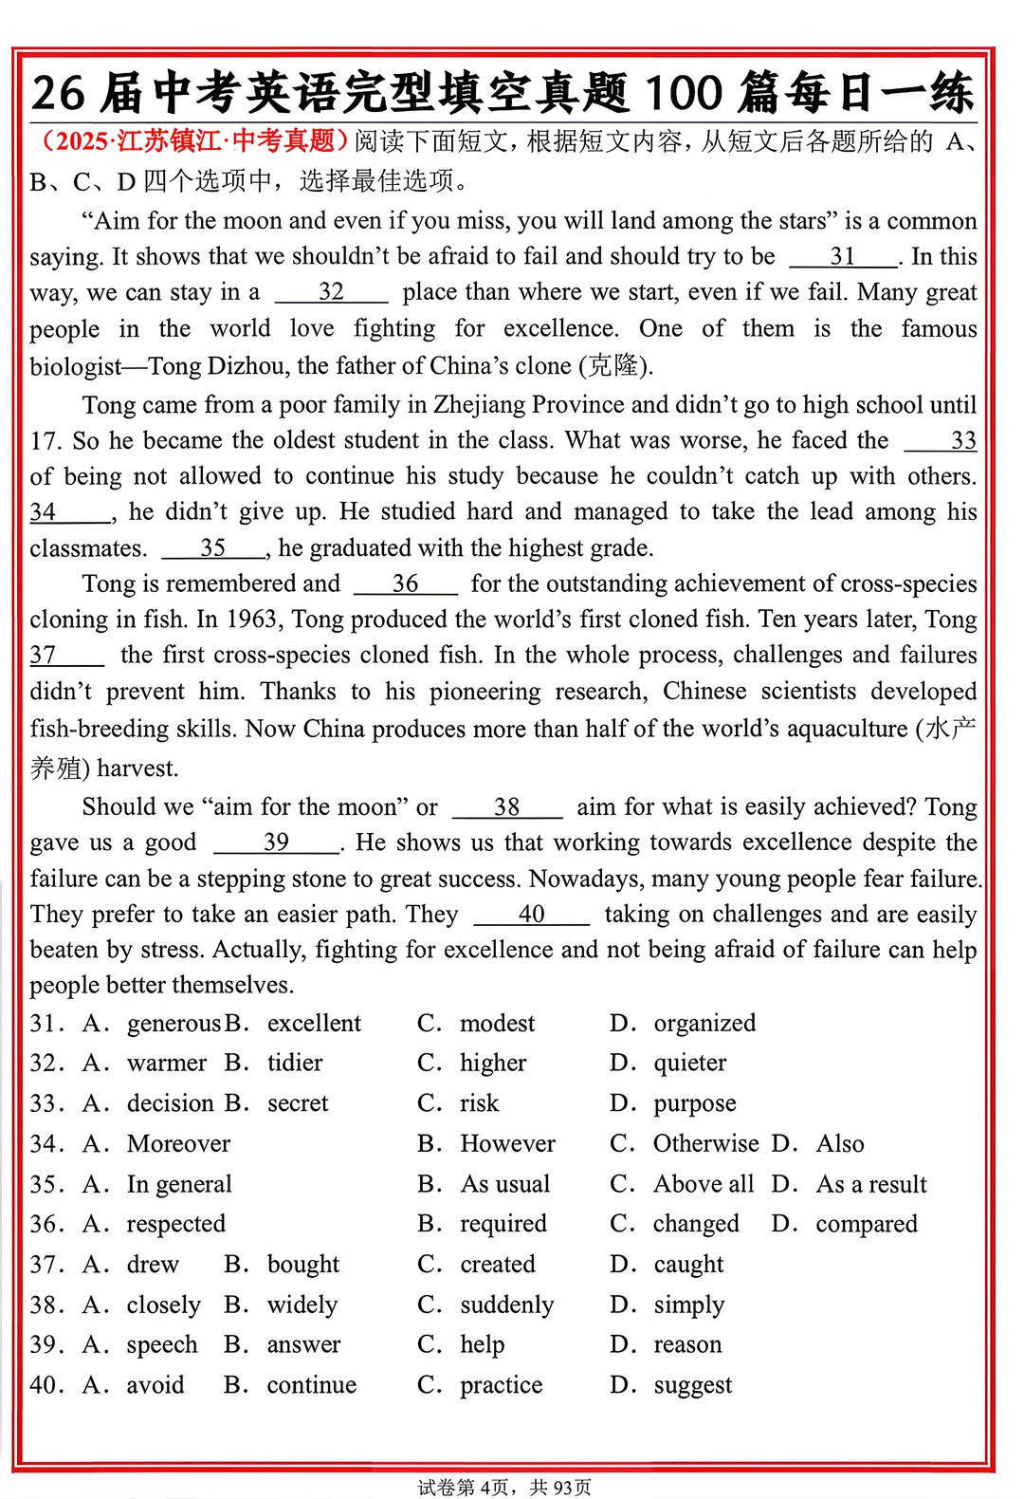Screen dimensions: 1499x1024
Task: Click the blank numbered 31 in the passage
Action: click(x=842, y=257)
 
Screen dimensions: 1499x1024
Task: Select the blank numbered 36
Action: click(x=405, y=584)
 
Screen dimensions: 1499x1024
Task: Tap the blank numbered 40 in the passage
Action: click(x=531, y=915)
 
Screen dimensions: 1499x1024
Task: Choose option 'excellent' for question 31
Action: click(x=314, y=1024)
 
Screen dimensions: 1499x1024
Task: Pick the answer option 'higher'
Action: click(x=493, y=1064)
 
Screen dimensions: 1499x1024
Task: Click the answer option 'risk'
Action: click(x=479, y=1103)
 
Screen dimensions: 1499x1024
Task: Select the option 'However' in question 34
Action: click(x=507, y=1144)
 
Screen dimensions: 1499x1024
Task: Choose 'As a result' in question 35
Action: click(x=871, y=1185)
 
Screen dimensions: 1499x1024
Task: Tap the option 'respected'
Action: click(x=176, y=1225)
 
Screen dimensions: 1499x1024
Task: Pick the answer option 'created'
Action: click(x=498, y=1265)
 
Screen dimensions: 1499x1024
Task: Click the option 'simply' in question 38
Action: click(x=688, y=1305)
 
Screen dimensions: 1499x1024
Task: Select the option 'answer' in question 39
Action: click(x=303, y=1345)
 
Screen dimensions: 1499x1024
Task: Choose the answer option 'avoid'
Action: click(x=155, y=1385)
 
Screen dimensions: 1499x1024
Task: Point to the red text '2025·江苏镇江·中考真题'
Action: click(x=189, y=141)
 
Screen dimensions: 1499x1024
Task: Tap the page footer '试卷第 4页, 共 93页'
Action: click(x=504, y=1487)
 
